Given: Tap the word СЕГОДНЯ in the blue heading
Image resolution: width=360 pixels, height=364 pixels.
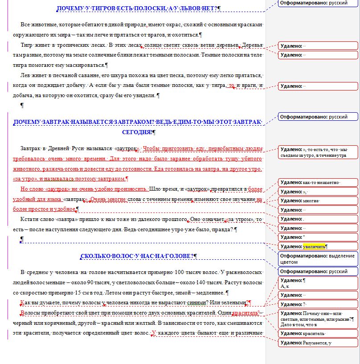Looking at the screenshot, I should click(x=137, y=132).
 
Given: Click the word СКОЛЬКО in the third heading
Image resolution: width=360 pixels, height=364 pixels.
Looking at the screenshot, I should click(x=95, y=256).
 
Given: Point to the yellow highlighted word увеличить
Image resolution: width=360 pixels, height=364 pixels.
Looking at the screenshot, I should click(x=315, y=246).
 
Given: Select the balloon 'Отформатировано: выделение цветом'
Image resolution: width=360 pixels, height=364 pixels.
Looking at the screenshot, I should click(x=318, y=259).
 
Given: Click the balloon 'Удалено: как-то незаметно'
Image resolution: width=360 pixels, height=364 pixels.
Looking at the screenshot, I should click(x=318, y=182).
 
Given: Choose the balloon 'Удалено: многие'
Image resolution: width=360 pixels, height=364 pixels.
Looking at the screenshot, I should click(x=318, y=200).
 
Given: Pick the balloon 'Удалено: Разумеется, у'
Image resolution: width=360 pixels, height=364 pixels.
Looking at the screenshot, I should click(x=318, y=343).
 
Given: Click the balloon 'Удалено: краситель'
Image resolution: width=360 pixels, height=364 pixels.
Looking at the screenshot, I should click(x=318, y=333).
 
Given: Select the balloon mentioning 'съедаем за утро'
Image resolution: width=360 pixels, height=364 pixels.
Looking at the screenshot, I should click(x=318, y=152).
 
